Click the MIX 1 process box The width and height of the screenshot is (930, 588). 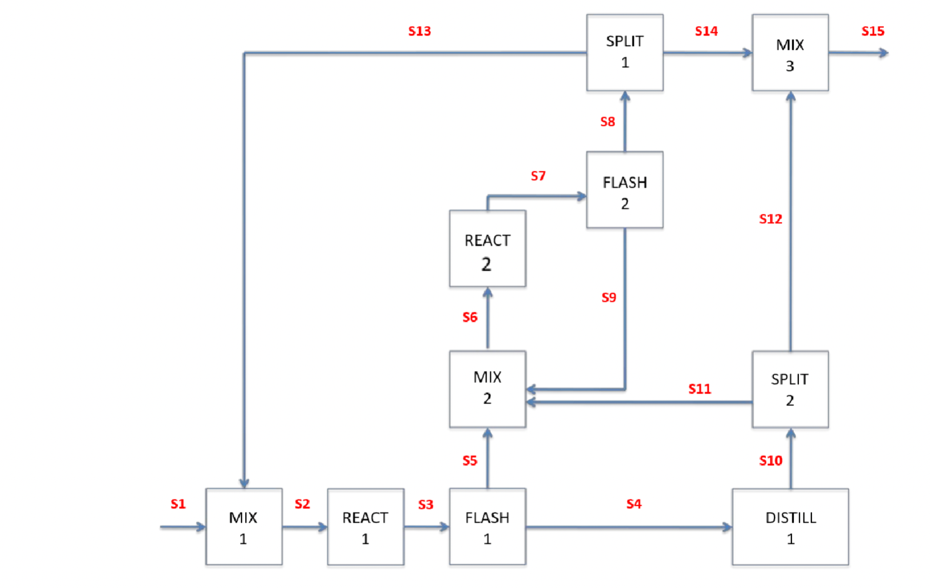[243, 527]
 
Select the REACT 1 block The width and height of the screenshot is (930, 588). [366, 527]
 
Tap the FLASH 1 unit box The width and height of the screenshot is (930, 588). [487, 527]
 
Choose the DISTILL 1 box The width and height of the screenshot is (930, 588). [790, 527]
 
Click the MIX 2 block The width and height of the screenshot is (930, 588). [487, 388]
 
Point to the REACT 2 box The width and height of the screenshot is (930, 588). [487, 249]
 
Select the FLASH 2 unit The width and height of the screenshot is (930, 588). [624, 190]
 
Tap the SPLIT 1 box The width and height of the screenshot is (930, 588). [624, 53]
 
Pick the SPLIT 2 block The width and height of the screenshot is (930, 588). [790, 389]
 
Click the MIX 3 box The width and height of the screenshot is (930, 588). [790, 53]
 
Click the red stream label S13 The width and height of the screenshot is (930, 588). [419, 31]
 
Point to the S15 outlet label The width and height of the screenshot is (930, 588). [873, 31]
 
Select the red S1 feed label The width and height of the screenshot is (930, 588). [178, 504]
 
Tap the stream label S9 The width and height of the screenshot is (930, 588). [609, 297]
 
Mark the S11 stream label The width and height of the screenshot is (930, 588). [699, 389]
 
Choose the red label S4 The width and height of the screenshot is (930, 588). [634, 504]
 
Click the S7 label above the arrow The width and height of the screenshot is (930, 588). [538, 176]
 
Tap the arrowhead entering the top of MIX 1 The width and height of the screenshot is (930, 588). [244, 483]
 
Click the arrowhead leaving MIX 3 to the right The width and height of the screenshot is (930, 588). [883, 53]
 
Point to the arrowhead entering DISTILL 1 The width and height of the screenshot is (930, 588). [727, 528]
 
